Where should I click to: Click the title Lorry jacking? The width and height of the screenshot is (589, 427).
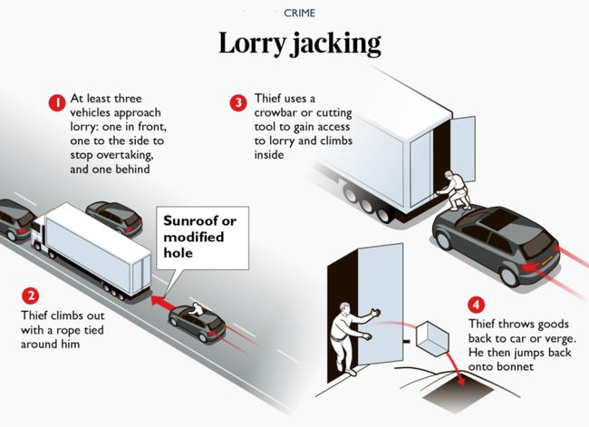[300, 44]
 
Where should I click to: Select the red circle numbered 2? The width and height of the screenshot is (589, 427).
[32, 296]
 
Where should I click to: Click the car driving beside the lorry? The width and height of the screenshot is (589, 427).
[114, 217]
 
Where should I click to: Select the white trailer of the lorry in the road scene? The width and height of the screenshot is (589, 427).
[95, 246]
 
